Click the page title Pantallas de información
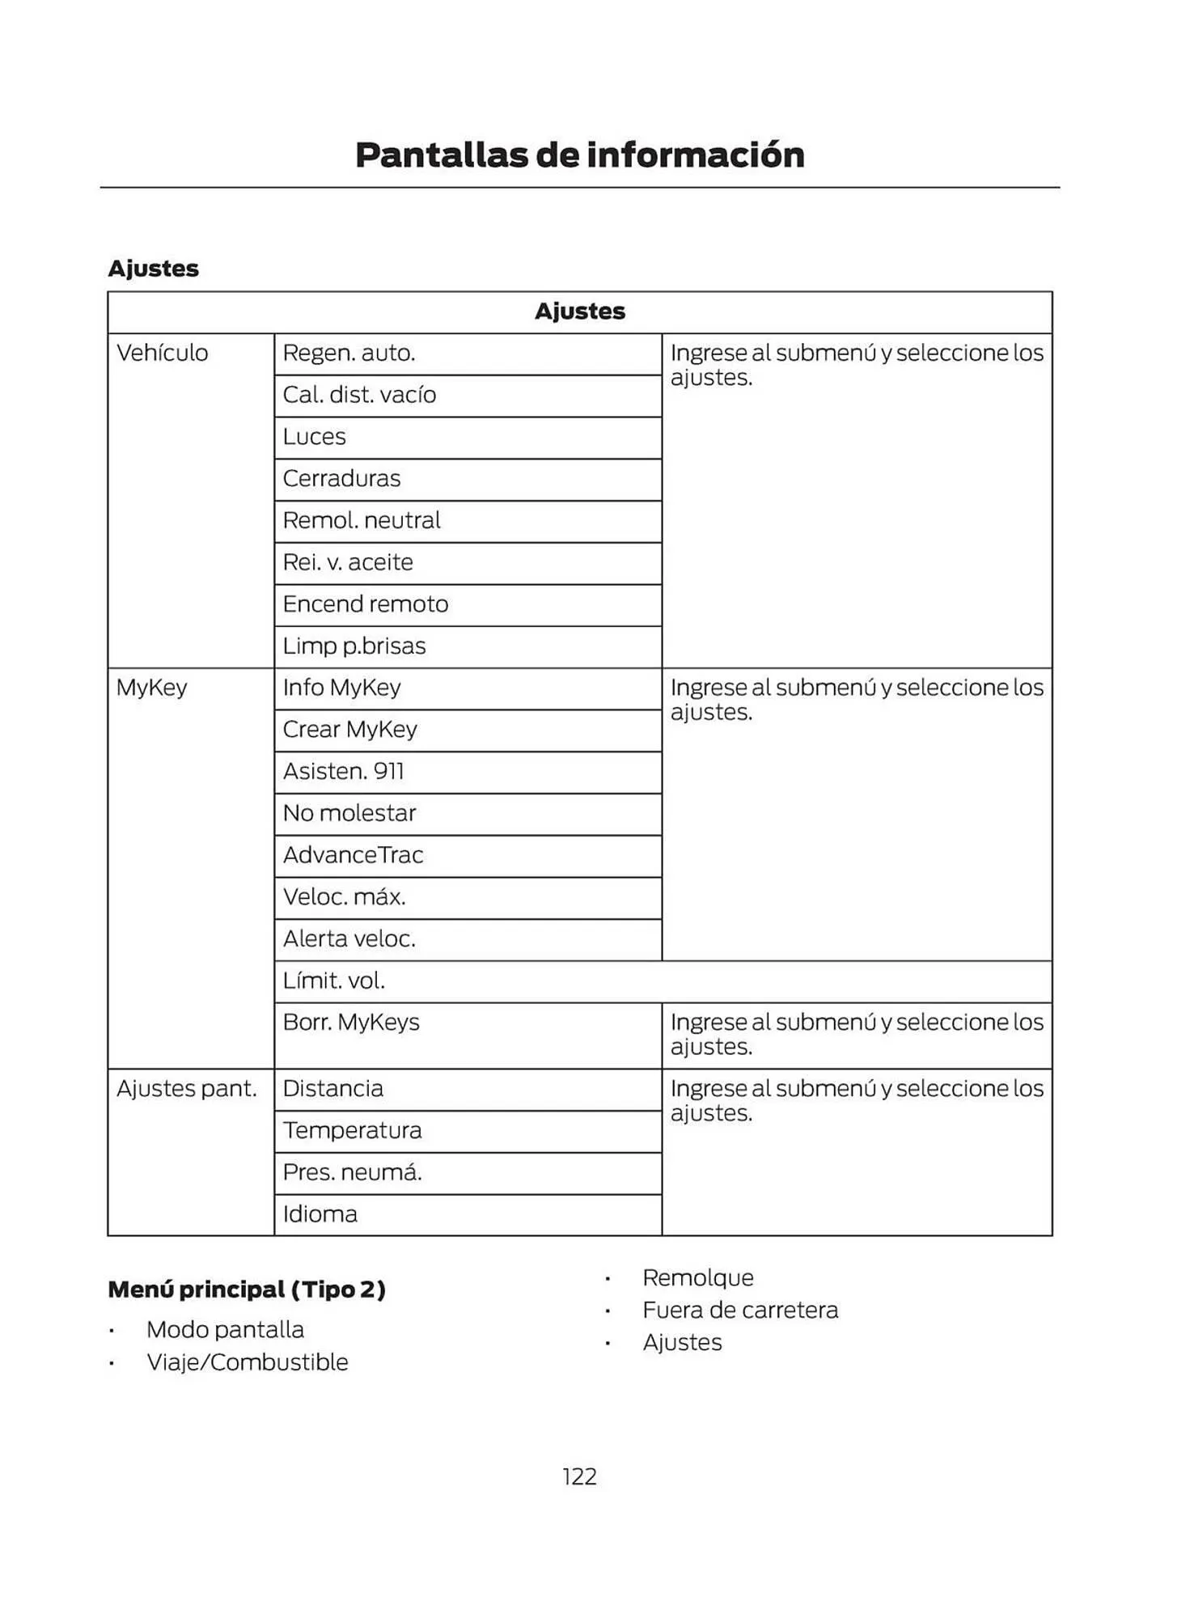579,155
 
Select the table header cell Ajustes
579,311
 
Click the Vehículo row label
163,353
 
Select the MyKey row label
152,688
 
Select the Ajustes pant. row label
187,1089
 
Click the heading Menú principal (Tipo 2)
247,1289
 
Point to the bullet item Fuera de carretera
740,1310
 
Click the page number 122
579,1476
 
